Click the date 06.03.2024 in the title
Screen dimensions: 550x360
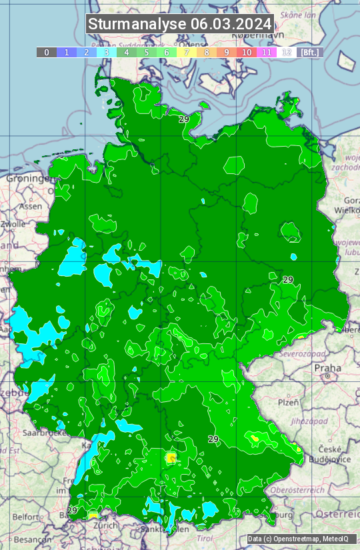tap(231, 24)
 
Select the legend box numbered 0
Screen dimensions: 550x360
tap(46, 52)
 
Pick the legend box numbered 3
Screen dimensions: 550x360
tap(106, 52)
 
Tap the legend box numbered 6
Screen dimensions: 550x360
tap(167, 52)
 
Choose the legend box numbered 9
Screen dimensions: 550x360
tap(227, 52)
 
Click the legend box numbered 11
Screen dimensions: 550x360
tap(267, 52)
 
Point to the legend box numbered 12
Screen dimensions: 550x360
tap(287, 52)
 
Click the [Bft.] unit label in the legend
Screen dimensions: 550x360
tap(310, 52)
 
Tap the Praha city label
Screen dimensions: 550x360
tap(327, 367)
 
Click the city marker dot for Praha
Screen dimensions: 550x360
tap(328, 377)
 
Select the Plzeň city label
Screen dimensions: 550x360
tap(288, 403)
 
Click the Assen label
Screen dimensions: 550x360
tap(31, 207)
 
